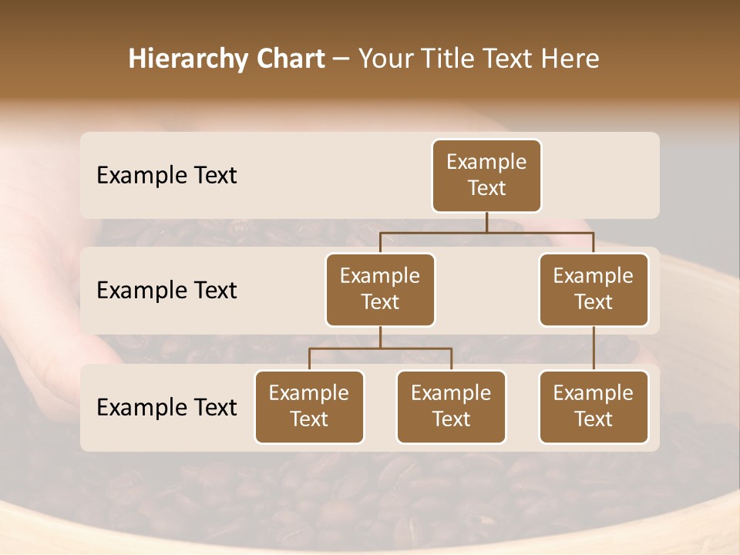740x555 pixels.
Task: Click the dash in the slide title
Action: (341, 59)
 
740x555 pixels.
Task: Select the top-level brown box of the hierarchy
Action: (486, 176)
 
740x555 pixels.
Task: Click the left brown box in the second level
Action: (380, 290)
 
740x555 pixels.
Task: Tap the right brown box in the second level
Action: (594, 290)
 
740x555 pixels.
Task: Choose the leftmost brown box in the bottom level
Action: (309, 407)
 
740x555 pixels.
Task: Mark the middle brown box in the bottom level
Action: (451, 407)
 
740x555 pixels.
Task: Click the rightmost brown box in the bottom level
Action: (594, 407)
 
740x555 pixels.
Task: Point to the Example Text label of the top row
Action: (166, 176)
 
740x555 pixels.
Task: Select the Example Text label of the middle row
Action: (166, 291)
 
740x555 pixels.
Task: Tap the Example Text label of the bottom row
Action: (166, 407)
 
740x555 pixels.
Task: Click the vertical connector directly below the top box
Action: (486, 222)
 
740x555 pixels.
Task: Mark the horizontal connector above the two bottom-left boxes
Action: (380, 348)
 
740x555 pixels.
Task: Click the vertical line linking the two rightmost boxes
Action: (594, 348)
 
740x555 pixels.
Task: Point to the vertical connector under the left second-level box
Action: (380, 337)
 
